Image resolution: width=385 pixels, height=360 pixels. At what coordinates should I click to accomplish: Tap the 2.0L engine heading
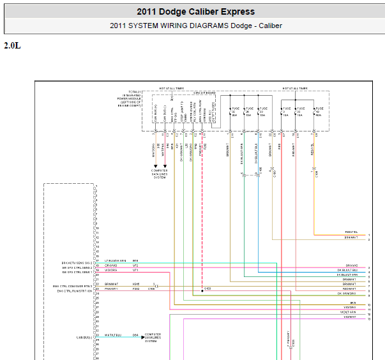point(12,46)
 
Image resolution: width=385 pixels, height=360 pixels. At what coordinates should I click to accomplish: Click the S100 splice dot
point(202,289)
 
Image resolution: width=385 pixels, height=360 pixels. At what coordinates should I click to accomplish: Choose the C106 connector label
point(151,289)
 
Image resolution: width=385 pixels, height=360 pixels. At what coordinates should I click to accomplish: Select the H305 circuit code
point(135,284)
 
